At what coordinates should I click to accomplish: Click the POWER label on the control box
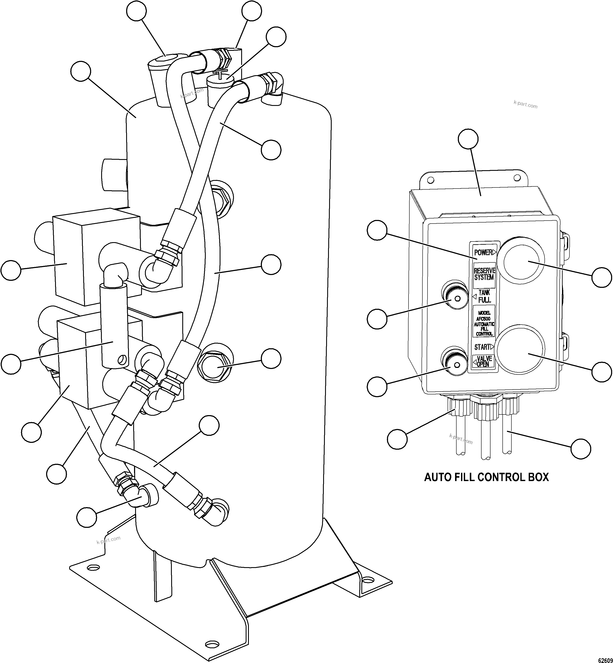click(483, 253)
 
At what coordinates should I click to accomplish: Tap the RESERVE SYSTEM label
click(484, 274)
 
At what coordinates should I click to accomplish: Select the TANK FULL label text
click(484, 296)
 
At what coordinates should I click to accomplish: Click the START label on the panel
click(482, 347)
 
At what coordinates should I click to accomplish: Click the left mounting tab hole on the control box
click(431, 180)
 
